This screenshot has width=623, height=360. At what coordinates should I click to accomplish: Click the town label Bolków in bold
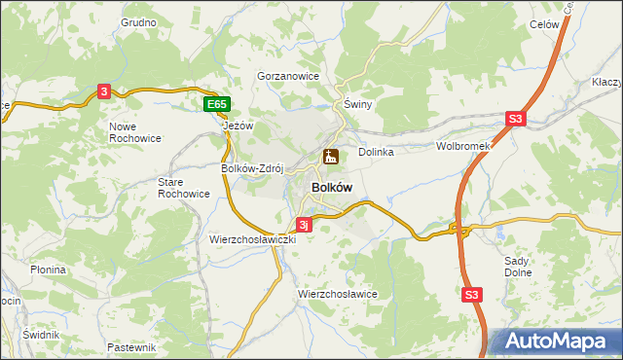pos(331,187)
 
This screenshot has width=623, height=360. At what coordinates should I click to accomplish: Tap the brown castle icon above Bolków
pos(331,156)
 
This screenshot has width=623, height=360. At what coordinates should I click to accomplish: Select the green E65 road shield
pos(217,104)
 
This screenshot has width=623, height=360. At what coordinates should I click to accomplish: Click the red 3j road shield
pos(304,225)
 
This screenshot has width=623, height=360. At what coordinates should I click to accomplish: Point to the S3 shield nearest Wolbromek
pos(515,120)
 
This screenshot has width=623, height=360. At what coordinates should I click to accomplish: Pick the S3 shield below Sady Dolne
pos(472,294)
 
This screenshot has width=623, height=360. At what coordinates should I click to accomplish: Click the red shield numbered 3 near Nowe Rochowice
pos(103,91)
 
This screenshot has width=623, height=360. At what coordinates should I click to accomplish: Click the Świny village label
pos(359,104)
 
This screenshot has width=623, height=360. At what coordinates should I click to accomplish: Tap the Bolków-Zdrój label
pos(252,167)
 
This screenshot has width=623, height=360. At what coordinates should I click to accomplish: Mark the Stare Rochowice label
pos(183,188)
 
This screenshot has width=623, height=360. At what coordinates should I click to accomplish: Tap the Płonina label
pos(48,270)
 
